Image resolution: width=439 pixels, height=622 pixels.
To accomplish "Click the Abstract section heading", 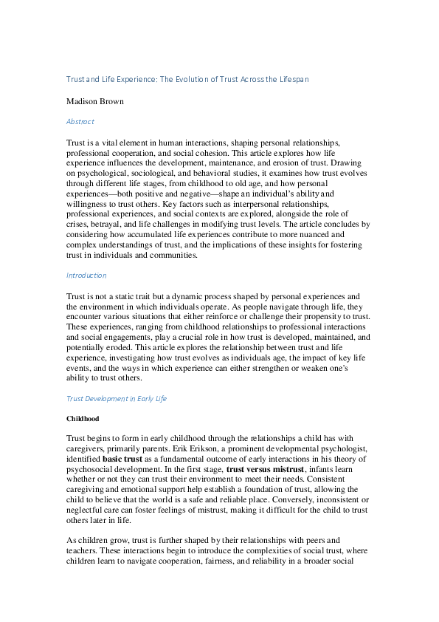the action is [80, 121].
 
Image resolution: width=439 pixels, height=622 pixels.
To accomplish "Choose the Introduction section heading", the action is [86, 275].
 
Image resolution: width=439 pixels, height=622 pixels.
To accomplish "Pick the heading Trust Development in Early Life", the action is [117, 398].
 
